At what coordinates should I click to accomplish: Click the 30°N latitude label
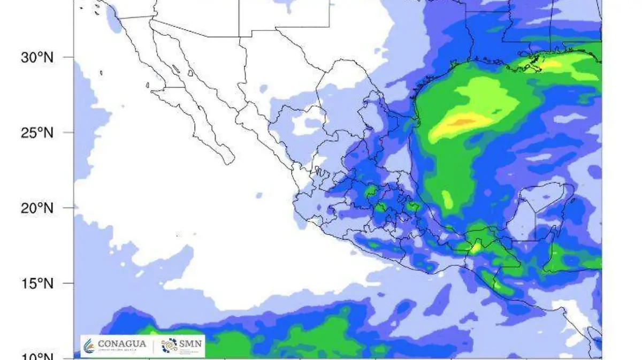(x=37, y=57)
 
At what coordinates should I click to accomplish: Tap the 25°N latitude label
(x=37, y=132)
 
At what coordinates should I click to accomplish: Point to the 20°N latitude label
(x=37, y=208)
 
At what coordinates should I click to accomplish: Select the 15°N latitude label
(x=37, y=283)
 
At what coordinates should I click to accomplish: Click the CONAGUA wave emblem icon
(x=89, y=346)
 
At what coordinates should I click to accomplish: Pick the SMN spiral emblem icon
(x=169, y=346)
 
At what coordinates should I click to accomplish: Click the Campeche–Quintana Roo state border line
(x=536, y=219)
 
